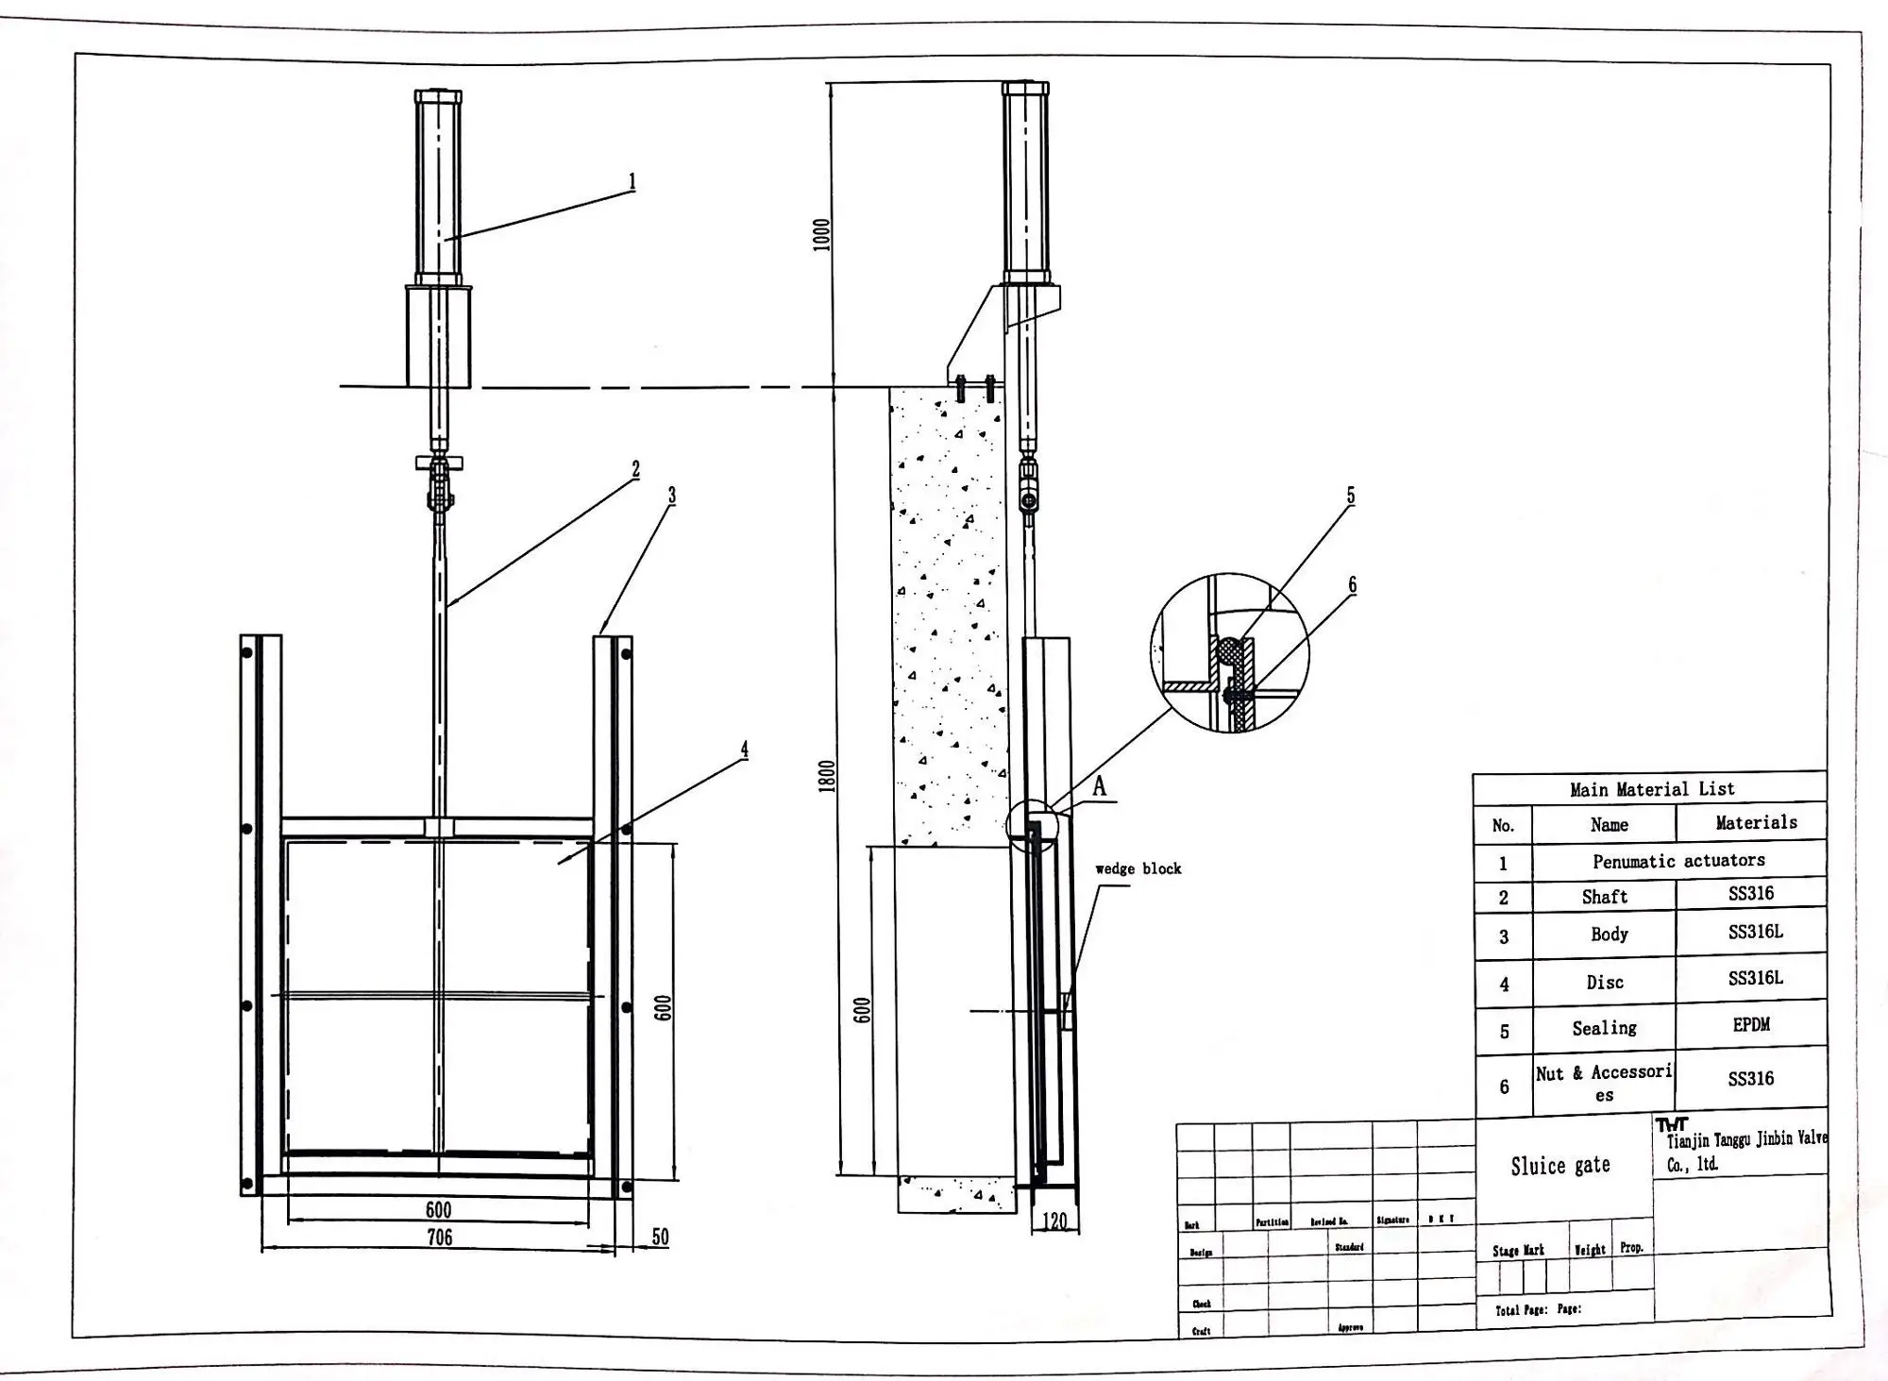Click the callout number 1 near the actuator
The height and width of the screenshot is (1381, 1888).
tap(632, 181)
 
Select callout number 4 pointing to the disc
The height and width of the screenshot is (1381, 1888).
tap(744, 749)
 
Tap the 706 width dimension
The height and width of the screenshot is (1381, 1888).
tap(439, 1237)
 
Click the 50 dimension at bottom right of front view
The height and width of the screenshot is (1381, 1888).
tap(660, 1237)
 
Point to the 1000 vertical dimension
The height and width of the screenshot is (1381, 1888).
tap(821, 235)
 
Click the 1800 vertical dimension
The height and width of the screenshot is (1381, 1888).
tap(827, 776)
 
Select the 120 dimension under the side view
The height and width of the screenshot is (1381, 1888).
tap(1054, 1221)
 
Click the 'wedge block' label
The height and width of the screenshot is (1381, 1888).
tap(1138, 868)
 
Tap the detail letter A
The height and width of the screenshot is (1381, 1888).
tap(1099, 785)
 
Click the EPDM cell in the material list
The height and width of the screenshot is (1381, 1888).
tap(1751, 1024)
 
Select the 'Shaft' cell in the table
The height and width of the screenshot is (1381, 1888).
tap(1605, 897)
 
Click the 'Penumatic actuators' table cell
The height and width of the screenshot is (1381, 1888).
tap(1678, 861)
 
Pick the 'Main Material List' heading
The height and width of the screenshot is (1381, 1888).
tap(1651, 789)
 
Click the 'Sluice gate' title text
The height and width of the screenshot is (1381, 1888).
tap(1560, 1166)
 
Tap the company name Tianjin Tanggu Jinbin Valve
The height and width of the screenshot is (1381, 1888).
tap(1745, 1139)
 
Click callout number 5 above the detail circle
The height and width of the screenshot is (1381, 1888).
tap(1350, 496)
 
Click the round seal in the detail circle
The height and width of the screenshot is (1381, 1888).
tap(1229, 649)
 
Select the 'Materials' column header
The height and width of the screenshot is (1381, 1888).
tap(1756, 822)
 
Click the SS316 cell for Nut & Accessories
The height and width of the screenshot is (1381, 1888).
tap(1750, 1078)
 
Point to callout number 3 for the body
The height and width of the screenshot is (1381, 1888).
tap(671, 495)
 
